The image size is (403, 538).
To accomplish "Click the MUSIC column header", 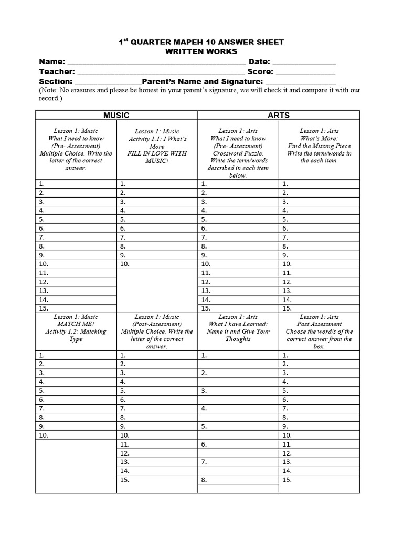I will (116, 115).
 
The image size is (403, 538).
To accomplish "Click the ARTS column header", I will (278, 115).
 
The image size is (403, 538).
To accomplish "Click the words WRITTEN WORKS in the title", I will (201, 51).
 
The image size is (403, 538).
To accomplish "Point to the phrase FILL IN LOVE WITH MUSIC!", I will (157, 157).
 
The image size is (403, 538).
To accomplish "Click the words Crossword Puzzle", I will (238, 153).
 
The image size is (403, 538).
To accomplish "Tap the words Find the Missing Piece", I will (319, 146).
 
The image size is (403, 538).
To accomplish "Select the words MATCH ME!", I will (76, 324).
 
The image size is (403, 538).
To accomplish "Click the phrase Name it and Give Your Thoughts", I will (238, 335).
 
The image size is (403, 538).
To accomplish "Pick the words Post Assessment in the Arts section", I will (319, 324).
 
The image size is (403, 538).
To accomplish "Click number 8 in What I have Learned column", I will (204, 480).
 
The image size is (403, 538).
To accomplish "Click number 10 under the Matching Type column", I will (44, 436).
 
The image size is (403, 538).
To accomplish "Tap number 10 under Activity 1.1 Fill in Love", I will (124, 264).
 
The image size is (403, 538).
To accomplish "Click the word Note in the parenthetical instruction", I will (50, 90).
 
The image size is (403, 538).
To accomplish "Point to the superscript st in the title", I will (126, 39).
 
